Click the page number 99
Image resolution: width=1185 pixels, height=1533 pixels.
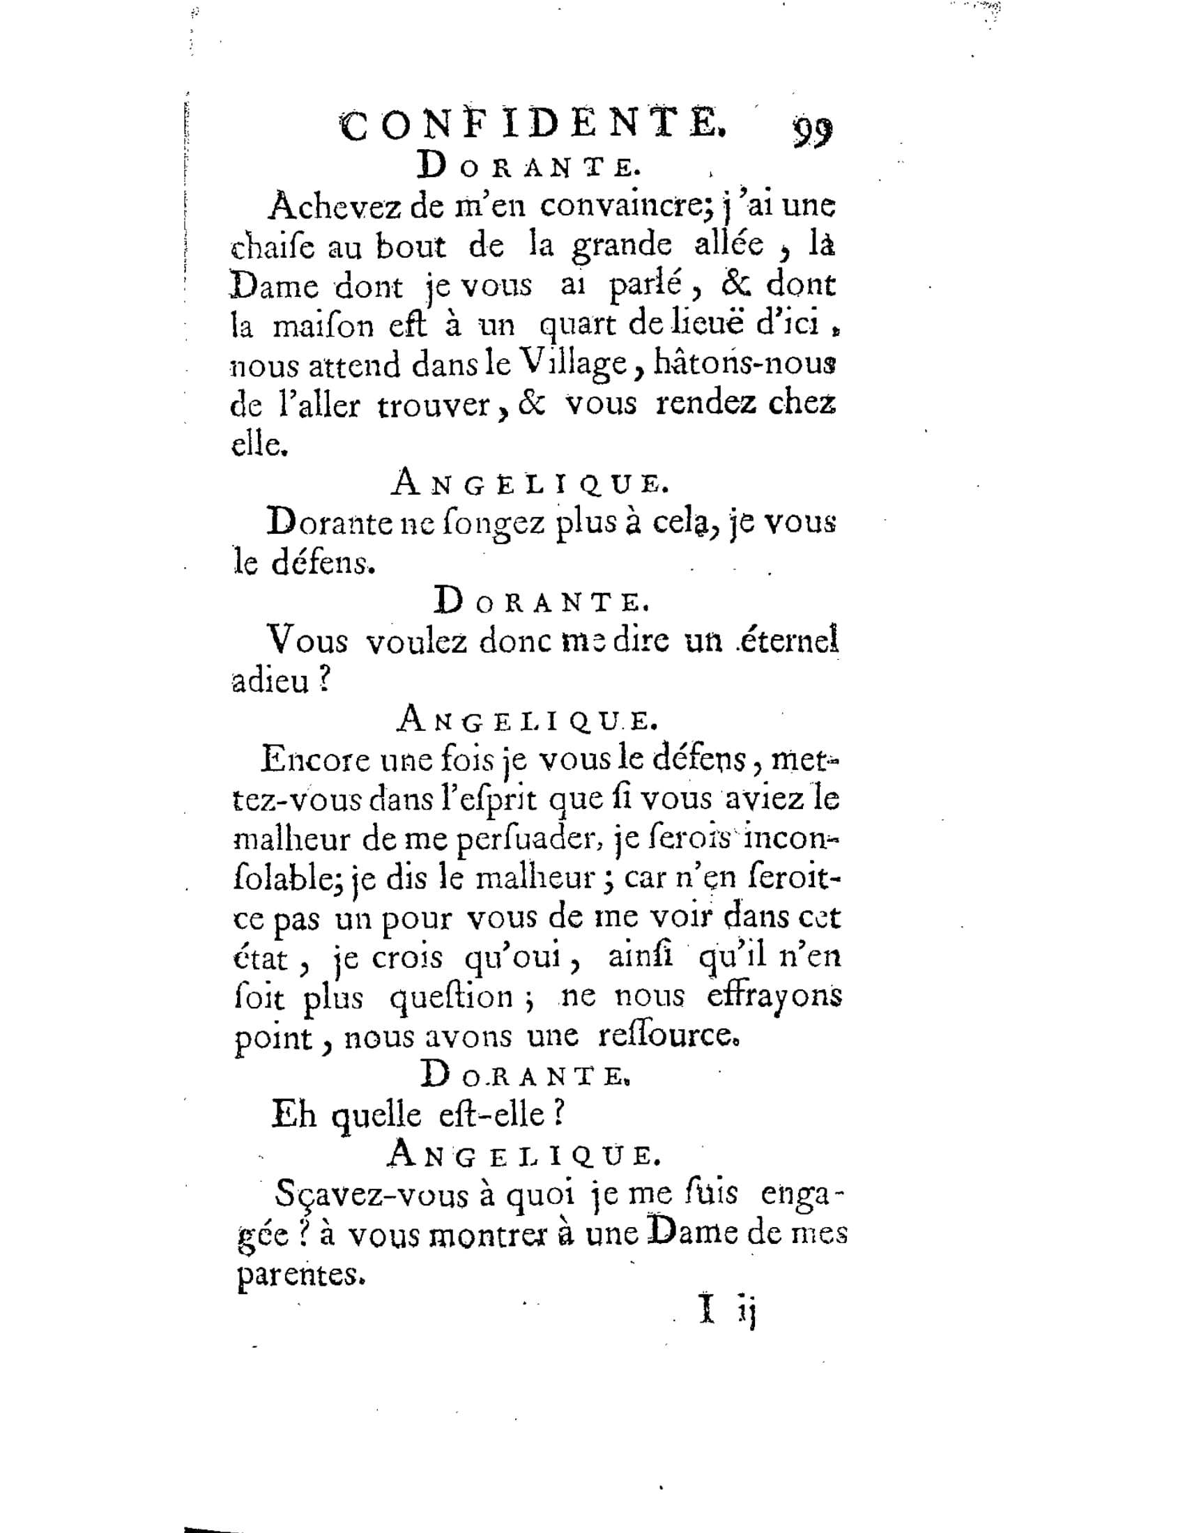pos(813,130)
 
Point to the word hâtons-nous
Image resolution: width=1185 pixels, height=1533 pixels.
pos(745,364)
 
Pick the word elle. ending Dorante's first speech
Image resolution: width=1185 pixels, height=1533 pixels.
pos(259,445)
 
